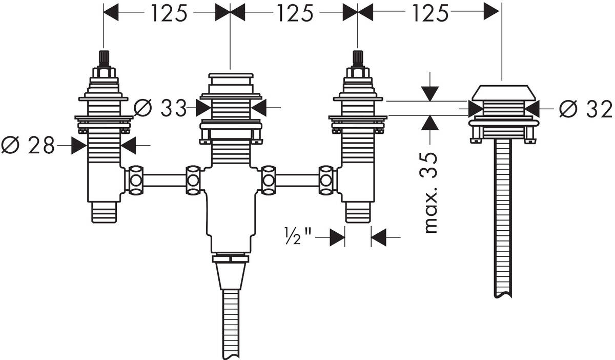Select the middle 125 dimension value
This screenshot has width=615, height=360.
[x=295, y=13]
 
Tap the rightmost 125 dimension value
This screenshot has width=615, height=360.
[x=430, y=13]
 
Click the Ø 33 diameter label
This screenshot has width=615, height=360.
[x=160, y=108]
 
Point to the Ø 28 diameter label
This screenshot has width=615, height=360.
[x=28, y=145]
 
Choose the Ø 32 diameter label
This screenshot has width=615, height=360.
[x=586, y=109]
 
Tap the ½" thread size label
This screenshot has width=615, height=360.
[x=298, y=236]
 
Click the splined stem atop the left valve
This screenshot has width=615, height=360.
[x=104, y=59]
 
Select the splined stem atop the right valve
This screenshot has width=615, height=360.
[x=358, y=59]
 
